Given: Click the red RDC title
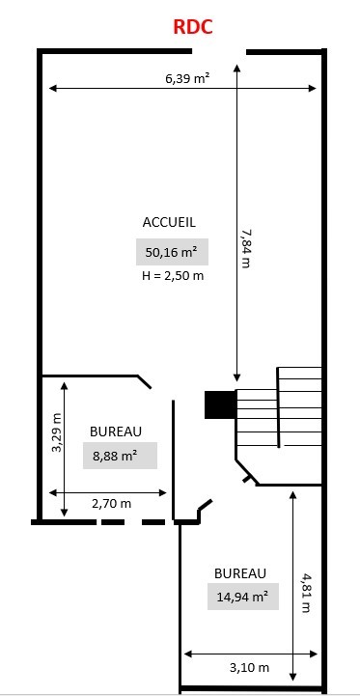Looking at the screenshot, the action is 193,27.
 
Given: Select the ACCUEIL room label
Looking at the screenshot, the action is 169,222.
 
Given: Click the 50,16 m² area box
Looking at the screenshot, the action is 172,252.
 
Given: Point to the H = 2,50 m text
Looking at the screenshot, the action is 173,276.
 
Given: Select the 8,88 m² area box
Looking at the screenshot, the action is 120,456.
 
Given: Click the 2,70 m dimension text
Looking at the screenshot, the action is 111,504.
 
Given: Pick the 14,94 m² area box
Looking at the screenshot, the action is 243,597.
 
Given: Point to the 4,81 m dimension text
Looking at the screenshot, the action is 305,593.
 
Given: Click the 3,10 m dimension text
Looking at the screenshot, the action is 249,667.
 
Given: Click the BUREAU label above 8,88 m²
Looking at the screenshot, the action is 116,432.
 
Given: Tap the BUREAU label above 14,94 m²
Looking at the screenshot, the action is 240,573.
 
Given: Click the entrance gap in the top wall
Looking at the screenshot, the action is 219,51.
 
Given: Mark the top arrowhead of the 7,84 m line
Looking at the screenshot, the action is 236,68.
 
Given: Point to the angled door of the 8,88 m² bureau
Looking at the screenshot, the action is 144,381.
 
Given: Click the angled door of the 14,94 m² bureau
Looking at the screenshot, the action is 205,506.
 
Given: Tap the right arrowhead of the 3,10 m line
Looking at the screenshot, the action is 314,654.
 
